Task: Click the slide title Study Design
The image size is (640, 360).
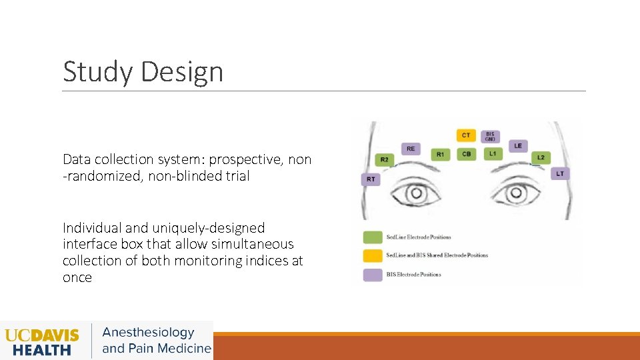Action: pyautogui.click(x=143, y=72)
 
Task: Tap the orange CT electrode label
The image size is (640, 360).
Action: pyautogui.click(x=466, y=135)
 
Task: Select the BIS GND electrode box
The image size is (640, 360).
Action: pyautogui.click(x=490, y=136)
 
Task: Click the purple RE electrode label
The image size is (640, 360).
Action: pyautogui.click(x=411, y=149)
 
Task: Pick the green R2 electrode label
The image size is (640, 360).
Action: pyautogui.click(x=385, y=159)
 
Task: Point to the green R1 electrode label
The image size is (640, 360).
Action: pyautogui.click(x=440, y=154)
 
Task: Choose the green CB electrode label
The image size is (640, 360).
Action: pyautogui.click(x=466, y=154)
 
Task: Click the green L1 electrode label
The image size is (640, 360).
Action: pyautogui.click(x=492, y=154)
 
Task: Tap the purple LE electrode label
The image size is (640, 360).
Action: pyautogui.click(x=518, y=145)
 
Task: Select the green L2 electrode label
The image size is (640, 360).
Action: pyautogui.click(x=540, y=158)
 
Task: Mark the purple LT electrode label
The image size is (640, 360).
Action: pyautogui.click(x=560, y=173)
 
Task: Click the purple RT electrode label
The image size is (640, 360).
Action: pyautogui.click(x=371, y=179)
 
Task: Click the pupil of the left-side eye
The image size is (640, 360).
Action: pyautogui.click(x=417, y=194)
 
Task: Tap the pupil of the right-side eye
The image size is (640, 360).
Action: pyautogui.click(x=515, y=194)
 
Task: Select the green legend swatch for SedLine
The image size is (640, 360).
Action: pyautogui.click(x=372, y=237)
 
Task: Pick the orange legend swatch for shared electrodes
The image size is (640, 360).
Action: pyautogui.click(x=372, y=255)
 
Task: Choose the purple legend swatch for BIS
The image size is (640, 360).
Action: pyautogui.click(x=372, y=274)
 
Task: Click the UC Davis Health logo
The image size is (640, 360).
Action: pyautogui.click(x=41, y=341)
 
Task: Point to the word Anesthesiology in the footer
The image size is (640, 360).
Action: pyautogui.click(x=148, y=333)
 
